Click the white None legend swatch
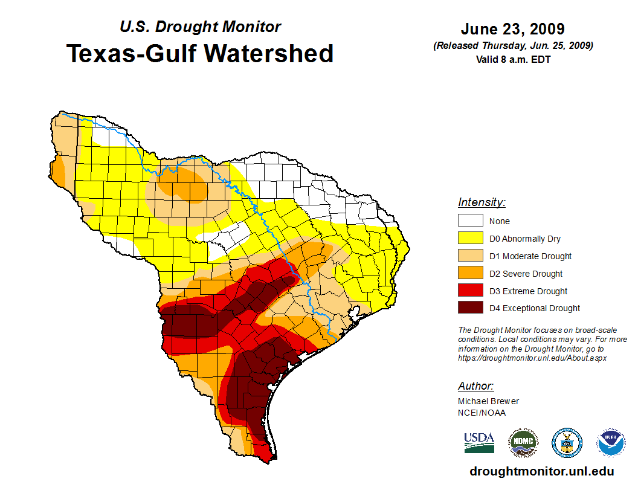point(470,221)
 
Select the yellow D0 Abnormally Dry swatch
point(470,239)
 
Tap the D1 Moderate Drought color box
point(470,256)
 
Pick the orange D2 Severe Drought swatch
point(470,274)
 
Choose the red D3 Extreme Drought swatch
point(470,291)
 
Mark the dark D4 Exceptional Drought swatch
point(470,308)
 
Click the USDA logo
point(479,442)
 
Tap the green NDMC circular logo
point(523,443)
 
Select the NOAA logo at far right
point(611,443)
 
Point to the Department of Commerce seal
point(567,443)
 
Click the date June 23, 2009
point(512,29)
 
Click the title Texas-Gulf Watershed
point(200,54)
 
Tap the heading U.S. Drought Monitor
point(200,27)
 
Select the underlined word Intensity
point(482,202)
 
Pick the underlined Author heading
point(476,386)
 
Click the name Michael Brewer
point(488,401)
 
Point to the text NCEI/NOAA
point(482,413)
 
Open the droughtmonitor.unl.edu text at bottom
point(541,471)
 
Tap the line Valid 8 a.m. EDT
point(513,59)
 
